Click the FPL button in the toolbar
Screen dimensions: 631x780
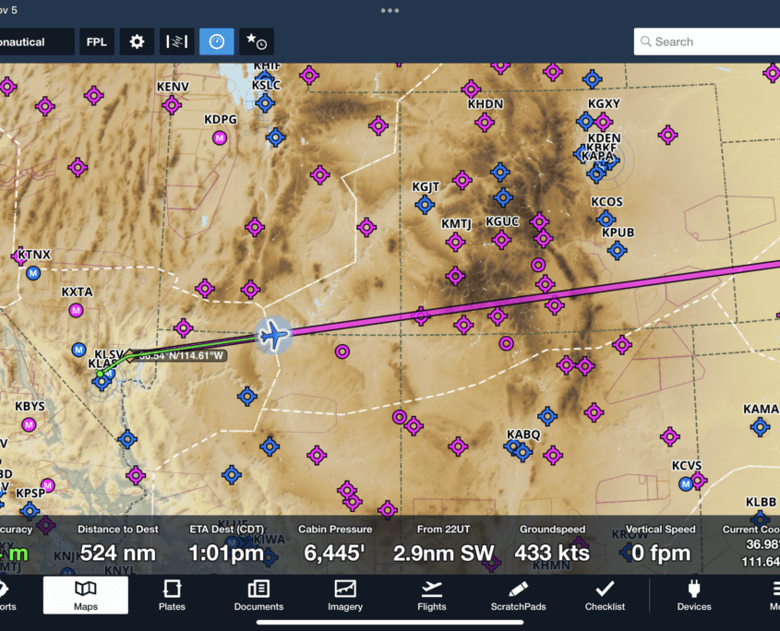point(96,42)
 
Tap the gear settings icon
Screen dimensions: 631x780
point(137,42)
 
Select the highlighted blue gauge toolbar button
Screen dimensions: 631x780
point(216,42)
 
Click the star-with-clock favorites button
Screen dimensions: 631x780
point(255,42)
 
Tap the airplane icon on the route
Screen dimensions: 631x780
point(272,335)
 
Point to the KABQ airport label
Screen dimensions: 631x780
point(523,435)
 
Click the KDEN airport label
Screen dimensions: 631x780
point(604,138)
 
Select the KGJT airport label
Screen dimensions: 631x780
point(426,186)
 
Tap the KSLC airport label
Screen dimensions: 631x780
point(266,86)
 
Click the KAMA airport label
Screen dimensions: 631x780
point(761,409)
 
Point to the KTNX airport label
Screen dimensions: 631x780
point(34,255)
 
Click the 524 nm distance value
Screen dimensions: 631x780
point(118,554)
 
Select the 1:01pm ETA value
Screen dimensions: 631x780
point(226,554)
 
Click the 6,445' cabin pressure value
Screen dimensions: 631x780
point(335,554)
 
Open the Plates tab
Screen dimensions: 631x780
point(172,595)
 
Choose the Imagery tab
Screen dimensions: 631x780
point(344,595)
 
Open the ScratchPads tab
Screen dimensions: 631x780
point(518,595)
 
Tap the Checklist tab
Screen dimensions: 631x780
point(605,595)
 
